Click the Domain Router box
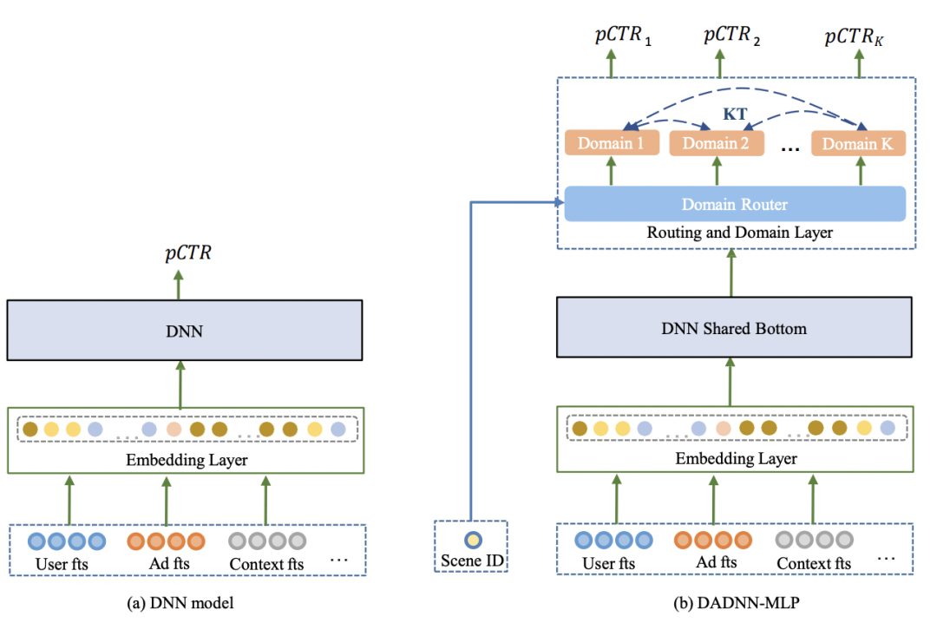coord(734,204)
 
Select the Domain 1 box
coord(613,143)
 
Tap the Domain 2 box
coord(717,143)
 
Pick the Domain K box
coord(858,143)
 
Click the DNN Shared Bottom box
coord(734,329)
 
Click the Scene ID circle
coord(471,538)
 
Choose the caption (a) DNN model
coord(180,602)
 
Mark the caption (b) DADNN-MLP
coord(735,602)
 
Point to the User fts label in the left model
coord(63,565)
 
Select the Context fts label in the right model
coord(813,564)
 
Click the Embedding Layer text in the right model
coord(736,458)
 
